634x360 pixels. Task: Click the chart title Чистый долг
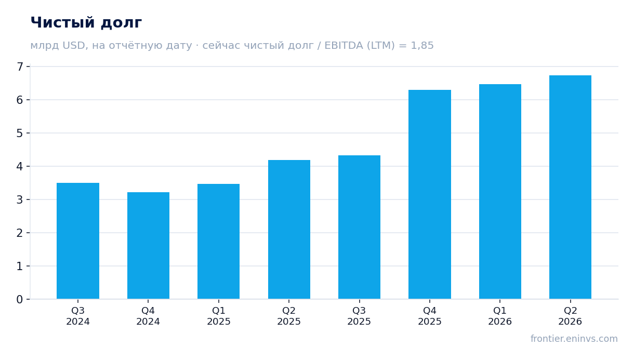point(86,23)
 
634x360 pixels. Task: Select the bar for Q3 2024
point(78,241)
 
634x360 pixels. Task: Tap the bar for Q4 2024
point(148,245)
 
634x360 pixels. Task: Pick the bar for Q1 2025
point(218,242)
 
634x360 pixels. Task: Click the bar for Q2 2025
point(289,230)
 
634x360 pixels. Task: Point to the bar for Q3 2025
point(359,227)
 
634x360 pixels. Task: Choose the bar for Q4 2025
point(430,194)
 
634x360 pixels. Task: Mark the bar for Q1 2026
point(500,192)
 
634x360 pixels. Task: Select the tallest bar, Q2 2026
point(570,187)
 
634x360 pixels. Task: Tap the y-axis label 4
point(20,166)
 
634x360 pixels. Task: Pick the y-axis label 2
point(20,233)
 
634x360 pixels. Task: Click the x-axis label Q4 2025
point(430,316)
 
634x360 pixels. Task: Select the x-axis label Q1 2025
point(218,316)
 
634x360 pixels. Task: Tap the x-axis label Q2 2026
point(570,316)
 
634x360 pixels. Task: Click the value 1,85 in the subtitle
point(422,46)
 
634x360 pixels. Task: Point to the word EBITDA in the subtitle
point(344,45)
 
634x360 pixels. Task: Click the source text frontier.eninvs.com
point(574,339)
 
